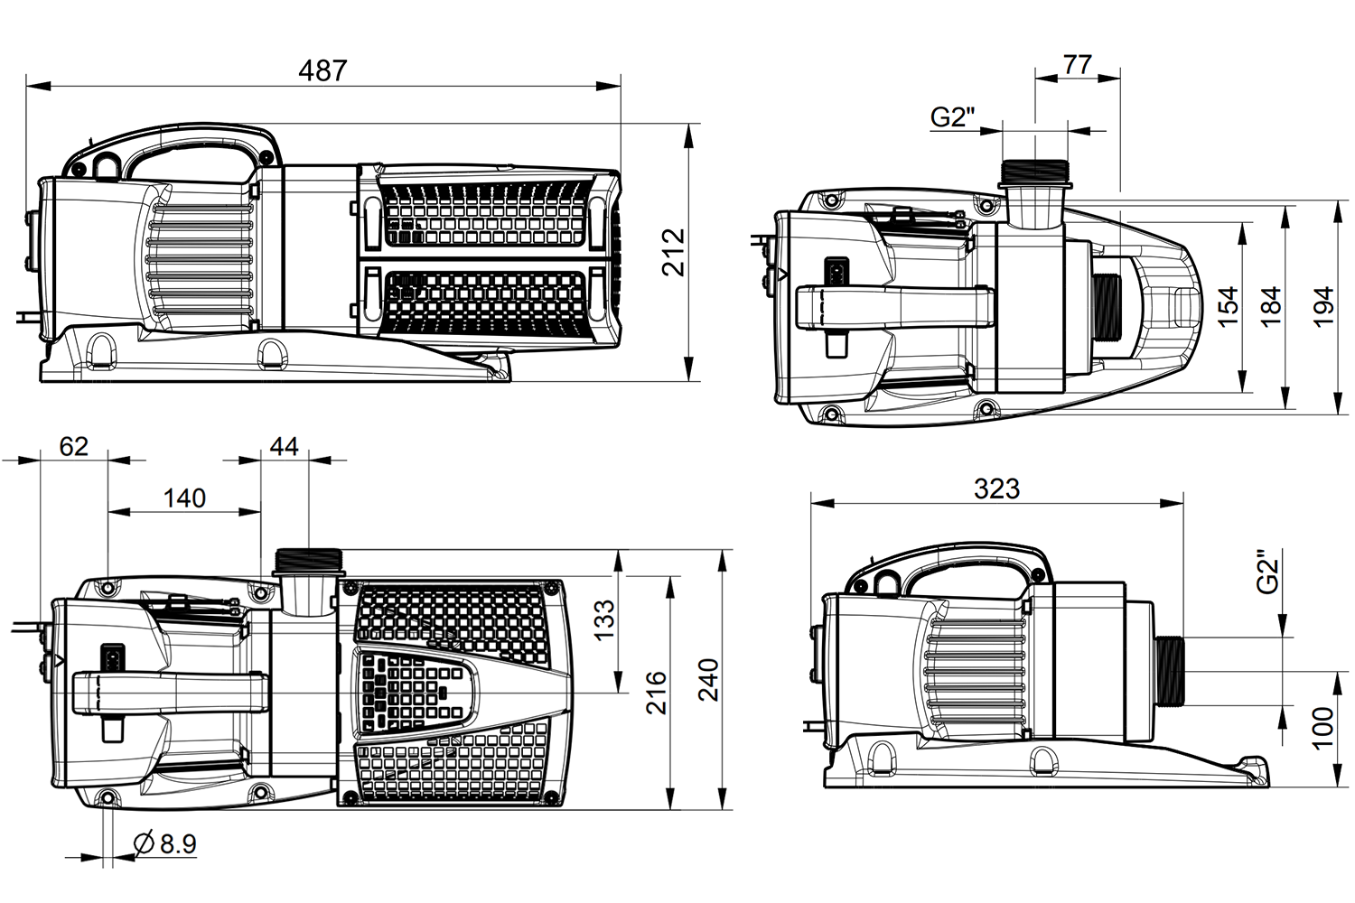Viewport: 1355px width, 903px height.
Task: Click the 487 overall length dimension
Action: [323, 70]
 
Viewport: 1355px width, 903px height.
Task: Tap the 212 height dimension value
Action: [673, 252]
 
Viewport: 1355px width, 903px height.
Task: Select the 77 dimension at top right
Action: [1078, 64]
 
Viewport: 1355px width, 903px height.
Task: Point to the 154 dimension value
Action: [1228, 307]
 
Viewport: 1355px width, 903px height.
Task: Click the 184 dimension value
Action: [1271, 306]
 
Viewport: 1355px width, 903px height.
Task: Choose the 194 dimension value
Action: [1324, 306]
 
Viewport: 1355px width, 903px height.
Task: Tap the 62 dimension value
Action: [74, 446]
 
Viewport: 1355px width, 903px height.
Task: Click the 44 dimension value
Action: [284, 446]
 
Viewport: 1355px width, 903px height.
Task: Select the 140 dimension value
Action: [184, 498]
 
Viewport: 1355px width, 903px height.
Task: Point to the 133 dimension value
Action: [603, 619]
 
